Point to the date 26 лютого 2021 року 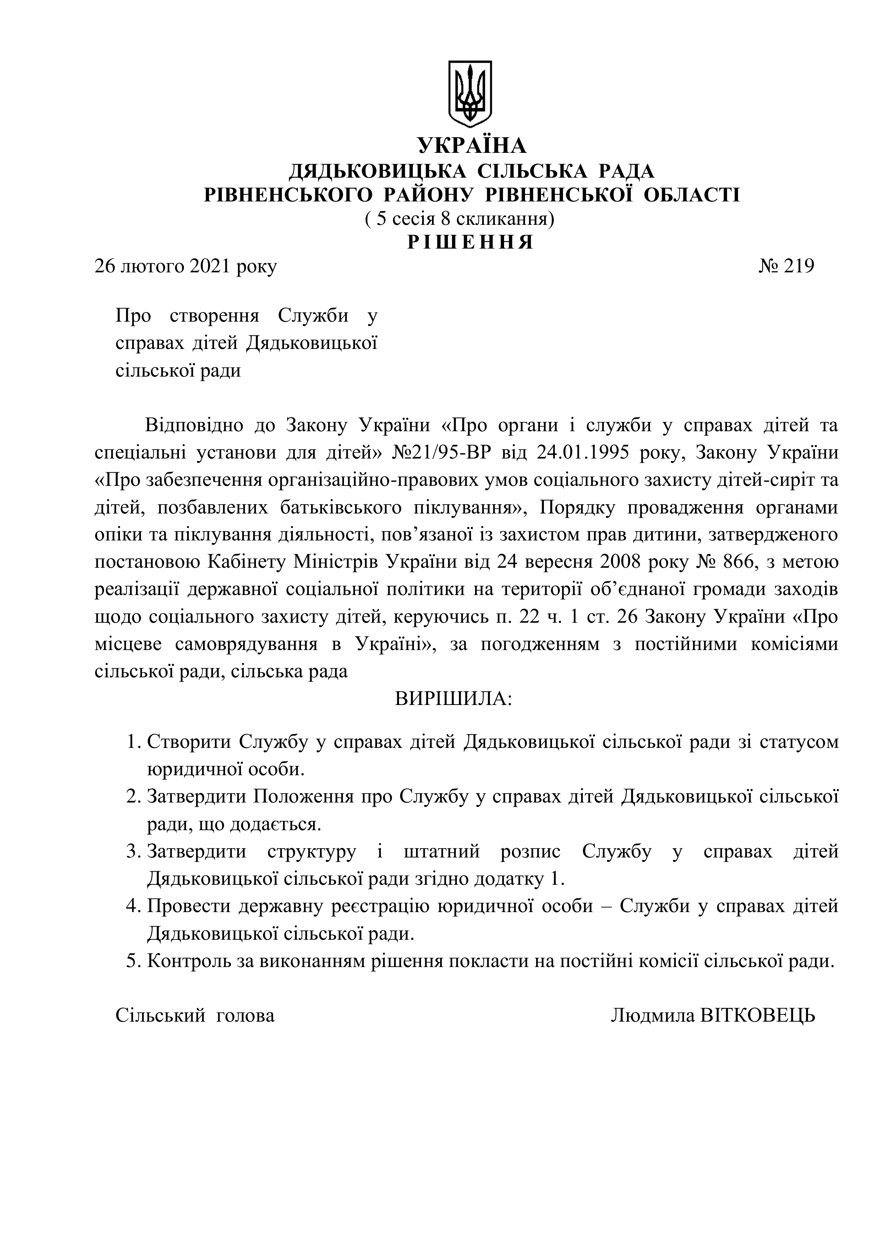coord(185,267)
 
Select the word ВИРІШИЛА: coord(453,699)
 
